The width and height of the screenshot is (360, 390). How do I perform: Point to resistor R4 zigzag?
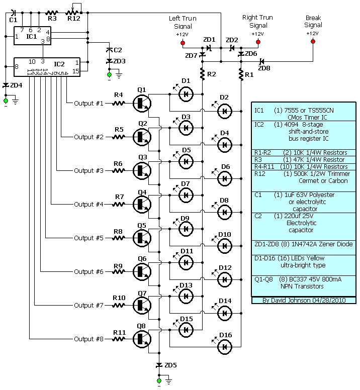[x=119, y=103]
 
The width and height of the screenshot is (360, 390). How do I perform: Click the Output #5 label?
[x=88, y=238]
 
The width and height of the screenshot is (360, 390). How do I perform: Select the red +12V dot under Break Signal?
[x=312, y=42]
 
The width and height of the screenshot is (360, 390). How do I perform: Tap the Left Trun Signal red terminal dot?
[x=182, y=42]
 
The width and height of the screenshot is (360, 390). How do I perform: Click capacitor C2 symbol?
[x=110, y=50]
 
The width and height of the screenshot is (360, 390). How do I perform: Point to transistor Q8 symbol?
[x=141, y=339]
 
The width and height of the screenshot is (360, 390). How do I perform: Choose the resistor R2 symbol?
[x=203, y=74]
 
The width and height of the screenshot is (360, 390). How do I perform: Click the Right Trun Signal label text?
[x=257, y=21]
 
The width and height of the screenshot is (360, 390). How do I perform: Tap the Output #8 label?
[x=88, y=339]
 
